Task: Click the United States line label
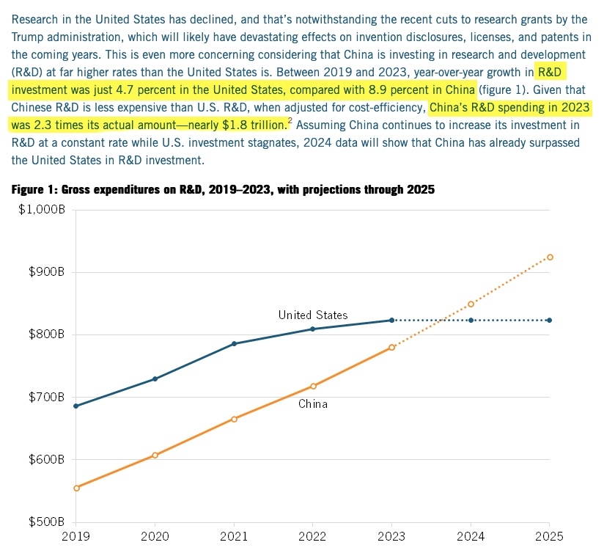(313, 315)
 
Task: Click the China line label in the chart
(312, 404)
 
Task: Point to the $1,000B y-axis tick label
(41, 211)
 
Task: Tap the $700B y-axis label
(46, 398)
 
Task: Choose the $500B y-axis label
(46, 522)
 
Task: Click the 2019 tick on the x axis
(75, 536)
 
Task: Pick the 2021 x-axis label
(234, 536)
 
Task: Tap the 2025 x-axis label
(549, 536)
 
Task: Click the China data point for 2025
(550, 257)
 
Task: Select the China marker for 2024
(471, 304)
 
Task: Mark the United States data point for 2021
(234, 343)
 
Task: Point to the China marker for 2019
(76, 488)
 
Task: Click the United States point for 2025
(550, 321)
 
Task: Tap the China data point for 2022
(313, 386)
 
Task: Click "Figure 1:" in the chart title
(34, 191)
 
